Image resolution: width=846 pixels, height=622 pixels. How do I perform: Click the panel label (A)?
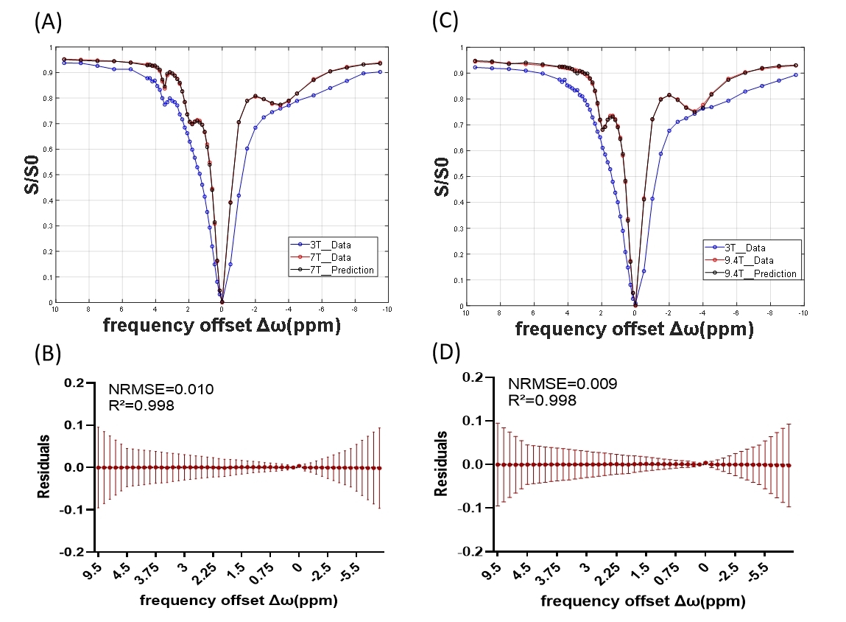click(x=48, y=21)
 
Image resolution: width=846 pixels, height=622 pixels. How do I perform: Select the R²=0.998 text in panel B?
click(x=141, y=404)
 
